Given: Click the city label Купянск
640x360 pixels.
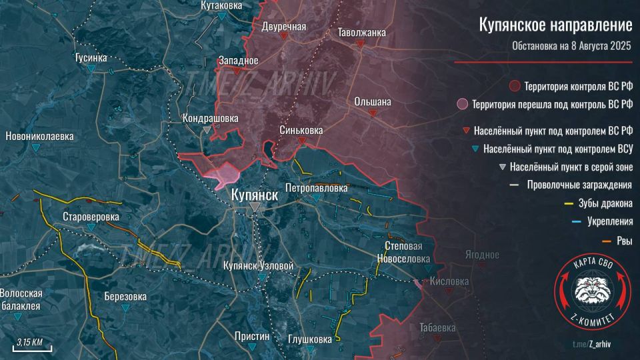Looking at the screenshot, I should [x=254, y=195].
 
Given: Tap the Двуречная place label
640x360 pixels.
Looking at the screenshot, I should [x=284, y=27].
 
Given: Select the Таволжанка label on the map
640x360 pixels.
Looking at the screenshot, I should [x=361, y=32].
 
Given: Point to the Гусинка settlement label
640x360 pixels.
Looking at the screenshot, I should [x=91, y=58].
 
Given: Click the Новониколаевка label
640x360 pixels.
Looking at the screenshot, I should [x=39, y=136].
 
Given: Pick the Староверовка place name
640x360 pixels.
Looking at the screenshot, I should [x=91, y=217].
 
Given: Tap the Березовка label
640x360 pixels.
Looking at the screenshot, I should [x=125, y=297].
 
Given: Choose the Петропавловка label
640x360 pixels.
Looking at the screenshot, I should [x=316, y=189].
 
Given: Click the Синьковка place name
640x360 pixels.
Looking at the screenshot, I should [x=302, y=131].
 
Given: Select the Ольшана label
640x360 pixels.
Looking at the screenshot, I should [x=373, y=102].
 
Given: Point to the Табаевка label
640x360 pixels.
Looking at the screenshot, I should [x=438, y=327].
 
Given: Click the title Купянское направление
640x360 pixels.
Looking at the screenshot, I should [x=555, y=25].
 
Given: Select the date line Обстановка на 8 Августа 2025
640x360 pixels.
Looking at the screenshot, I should [x=571, y=46].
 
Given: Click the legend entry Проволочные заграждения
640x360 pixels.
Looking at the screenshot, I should [x=579, y=185].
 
